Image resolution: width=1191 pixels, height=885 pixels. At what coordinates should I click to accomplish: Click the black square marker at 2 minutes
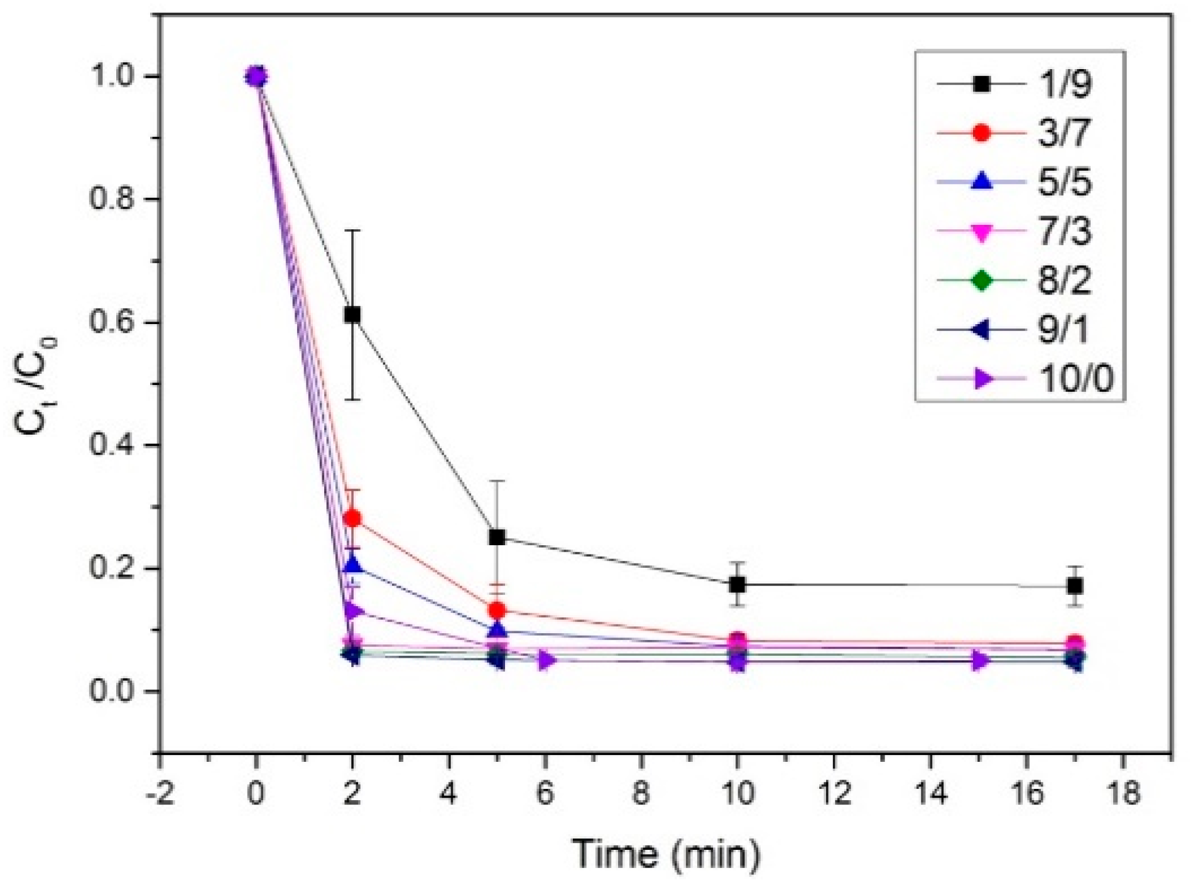tap(352, 315)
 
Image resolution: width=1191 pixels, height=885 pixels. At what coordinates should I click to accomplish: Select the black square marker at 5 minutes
tap(497, 537)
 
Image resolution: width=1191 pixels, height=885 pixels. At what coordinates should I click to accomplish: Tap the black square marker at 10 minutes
tap(737, 585)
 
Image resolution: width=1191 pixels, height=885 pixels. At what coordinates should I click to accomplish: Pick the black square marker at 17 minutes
tap(1075, 586)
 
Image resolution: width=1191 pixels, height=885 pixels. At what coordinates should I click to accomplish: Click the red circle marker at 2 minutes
tap(352, 518)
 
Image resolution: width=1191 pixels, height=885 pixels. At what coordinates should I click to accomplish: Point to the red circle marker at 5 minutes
tap(497, 610)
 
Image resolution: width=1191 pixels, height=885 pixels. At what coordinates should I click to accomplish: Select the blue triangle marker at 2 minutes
tap(353, 565)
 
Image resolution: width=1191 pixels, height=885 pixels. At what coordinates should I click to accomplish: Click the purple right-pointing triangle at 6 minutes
tap(546, 660)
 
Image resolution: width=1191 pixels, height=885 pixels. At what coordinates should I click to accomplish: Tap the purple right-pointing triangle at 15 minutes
tap(979, 661)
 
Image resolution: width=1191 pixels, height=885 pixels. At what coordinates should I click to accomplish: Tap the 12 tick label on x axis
tap(834, 793)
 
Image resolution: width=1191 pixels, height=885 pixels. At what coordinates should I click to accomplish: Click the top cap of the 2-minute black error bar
tap(352, 231)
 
